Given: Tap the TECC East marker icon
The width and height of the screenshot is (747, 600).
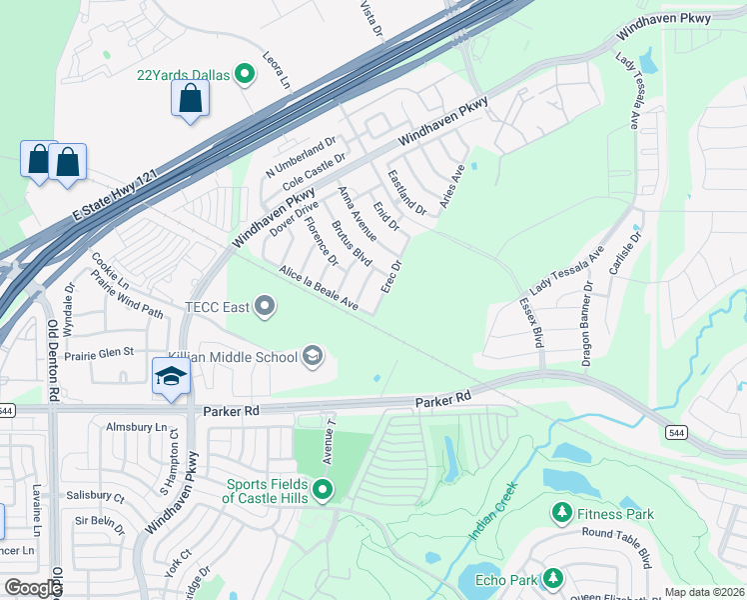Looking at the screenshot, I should [x=265, y=306].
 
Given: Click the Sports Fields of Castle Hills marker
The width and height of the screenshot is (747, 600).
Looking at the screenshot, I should [x=323, y=489].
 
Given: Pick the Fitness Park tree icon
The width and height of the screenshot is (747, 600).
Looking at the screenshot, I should [x=561, y=514].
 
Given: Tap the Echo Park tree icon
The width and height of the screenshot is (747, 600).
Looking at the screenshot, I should [x=551, y=578].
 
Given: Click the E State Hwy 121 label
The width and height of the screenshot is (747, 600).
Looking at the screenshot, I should [x=115, y=197].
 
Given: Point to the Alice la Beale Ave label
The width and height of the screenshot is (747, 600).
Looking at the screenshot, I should [x=319, y=288].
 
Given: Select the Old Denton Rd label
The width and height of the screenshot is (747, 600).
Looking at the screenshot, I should [x=53, y=360].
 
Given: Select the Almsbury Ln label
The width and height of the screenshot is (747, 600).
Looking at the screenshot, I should [x=137, y=427].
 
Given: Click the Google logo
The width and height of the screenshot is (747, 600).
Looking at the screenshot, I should [x=32, y=587].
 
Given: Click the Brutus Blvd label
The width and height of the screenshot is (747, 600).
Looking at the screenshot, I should [x=352, y=243].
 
